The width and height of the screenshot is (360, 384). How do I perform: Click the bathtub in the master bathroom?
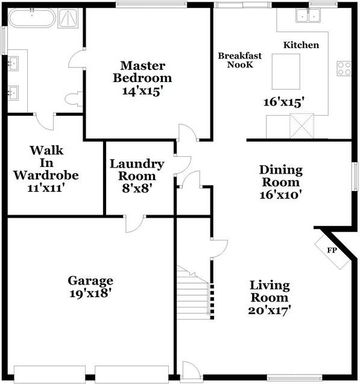(32, 18)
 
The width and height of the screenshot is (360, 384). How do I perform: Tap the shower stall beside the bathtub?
(68, 18)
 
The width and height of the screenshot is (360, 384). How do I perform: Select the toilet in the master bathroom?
(74, 99)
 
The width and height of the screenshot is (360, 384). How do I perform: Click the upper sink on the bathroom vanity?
(13, 63)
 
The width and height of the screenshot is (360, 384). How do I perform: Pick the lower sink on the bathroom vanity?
(13, 93)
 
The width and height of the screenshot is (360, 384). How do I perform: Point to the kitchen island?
(286, 72)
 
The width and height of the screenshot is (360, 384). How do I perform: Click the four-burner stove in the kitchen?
(344, 68)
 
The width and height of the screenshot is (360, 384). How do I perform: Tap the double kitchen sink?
(308, 15)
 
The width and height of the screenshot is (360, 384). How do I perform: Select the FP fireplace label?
(332, 250)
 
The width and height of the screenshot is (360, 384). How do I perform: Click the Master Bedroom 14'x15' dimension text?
(142, 92)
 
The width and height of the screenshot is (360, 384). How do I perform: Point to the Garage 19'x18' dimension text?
(90, 294)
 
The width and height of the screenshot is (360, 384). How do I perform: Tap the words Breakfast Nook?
(240, 60)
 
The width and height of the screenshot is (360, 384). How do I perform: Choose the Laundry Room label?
(137, 170)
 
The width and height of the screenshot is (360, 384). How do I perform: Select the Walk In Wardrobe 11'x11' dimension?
(46, 188)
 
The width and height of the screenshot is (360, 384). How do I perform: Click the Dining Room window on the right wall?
(355, 176)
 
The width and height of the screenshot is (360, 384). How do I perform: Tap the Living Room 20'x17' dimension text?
(270, 311)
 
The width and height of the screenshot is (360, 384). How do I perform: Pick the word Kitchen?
(302, 45)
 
